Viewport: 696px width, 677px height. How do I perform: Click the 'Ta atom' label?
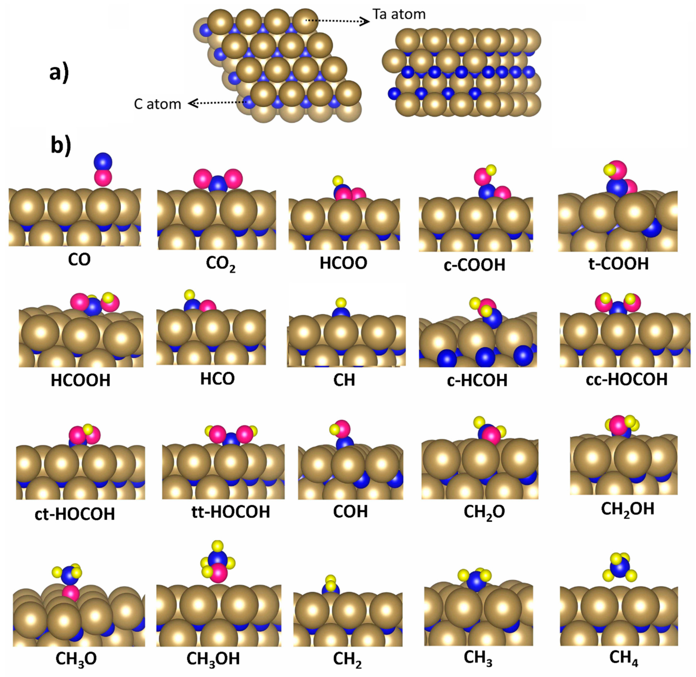[x=399, y=14]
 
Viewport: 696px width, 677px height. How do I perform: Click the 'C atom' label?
[x=157, y=104]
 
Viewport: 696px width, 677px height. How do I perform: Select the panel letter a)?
[x=59, y=73]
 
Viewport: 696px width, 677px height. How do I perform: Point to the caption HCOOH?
[x=80, y=380]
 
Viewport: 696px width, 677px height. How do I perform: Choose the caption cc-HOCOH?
[x=626, y=379]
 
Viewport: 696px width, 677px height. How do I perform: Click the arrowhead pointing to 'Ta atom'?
[x=366, y=22]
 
